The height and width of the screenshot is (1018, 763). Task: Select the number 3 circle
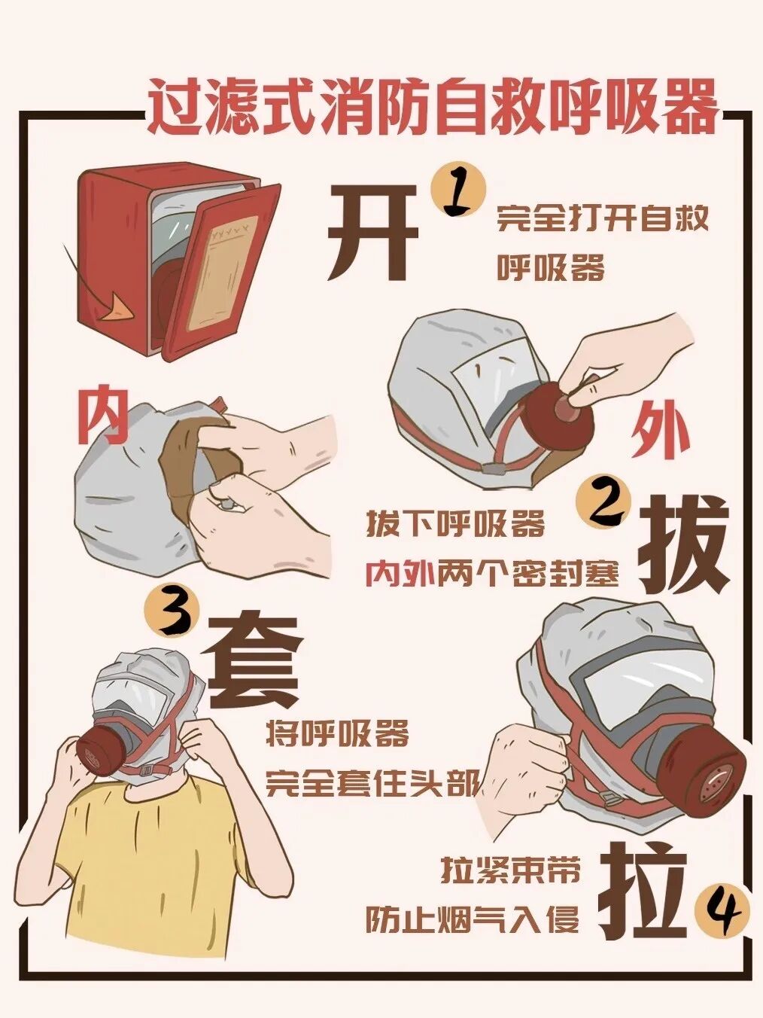pyautogui.click(x=173, y=617)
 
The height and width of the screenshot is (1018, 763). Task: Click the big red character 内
pyautogui.click(x=103, y=416)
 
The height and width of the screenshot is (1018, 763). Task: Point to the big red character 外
pyautogui.click(x=661, y=431)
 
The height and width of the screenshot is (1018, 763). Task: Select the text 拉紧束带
pyautogui.click(x=510, y=873)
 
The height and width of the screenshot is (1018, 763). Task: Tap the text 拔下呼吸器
pyautogui.click(x=455, y=525)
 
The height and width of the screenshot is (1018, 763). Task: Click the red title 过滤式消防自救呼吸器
pyautogui.click(x=433, y=106)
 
